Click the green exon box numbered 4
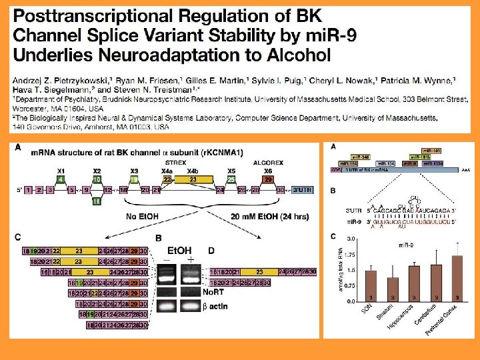click(x=61, y=179)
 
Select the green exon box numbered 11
click(x=97, y=200)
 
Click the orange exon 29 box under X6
click(x=268, y=179)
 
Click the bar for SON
click(x=371, y=286)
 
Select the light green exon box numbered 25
click(x=231, y=179)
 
